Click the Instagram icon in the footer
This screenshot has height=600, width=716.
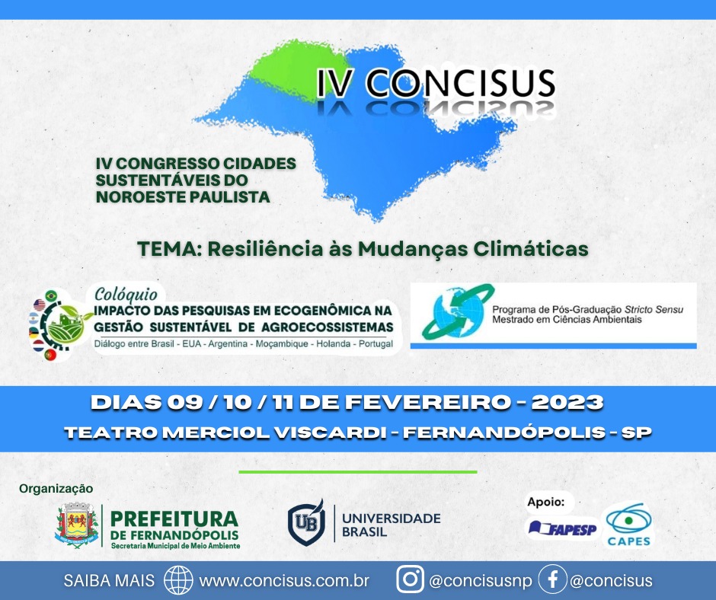(x=410, y=579)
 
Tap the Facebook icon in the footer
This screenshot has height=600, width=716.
(x=552, y=579)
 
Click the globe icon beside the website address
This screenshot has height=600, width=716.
(x=178, y=580)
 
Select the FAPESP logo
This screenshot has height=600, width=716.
(x=562, y=529)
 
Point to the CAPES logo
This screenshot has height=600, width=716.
(x=628, y=525)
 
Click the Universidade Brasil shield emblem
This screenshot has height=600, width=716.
(x=306, y=522)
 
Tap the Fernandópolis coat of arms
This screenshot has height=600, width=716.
(x=77, y=525)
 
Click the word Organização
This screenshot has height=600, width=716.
(x=56, y=489)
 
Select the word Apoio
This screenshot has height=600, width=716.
(x=545, y=503)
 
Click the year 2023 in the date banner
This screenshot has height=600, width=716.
(x=567, y=402)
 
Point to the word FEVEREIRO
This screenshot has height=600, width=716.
(x=428, y=402)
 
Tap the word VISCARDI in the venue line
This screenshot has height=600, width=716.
(x=331, y=432)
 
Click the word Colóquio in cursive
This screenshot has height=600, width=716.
(x=126, y=295)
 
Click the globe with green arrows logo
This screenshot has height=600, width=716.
(x=458, y=311)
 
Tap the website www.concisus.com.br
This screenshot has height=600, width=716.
(x=284, y=580)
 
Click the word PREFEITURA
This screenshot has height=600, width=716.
(x=174, y=519)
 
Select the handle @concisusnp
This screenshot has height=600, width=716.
(x=481, y=580)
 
